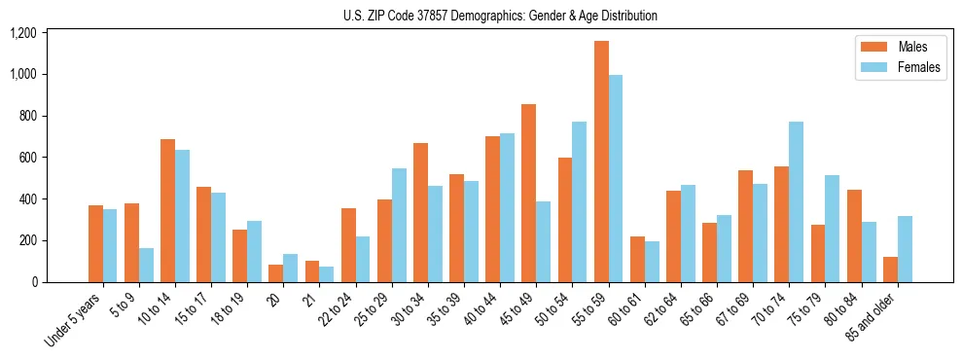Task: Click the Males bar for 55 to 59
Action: pos(601,162)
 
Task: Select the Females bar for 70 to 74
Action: pos(797,201)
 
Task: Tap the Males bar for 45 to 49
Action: pos(529,193)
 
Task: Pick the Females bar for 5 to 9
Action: pos(146,265)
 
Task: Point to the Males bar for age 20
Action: pos(276,273)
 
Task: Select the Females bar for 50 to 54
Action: pos(580,201)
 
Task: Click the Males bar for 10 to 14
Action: pos(168,210)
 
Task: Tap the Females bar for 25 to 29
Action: pos(399,225)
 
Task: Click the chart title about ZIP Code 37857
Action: pos(500,16)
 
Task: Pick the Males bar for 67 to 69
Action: pos(746,226)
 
